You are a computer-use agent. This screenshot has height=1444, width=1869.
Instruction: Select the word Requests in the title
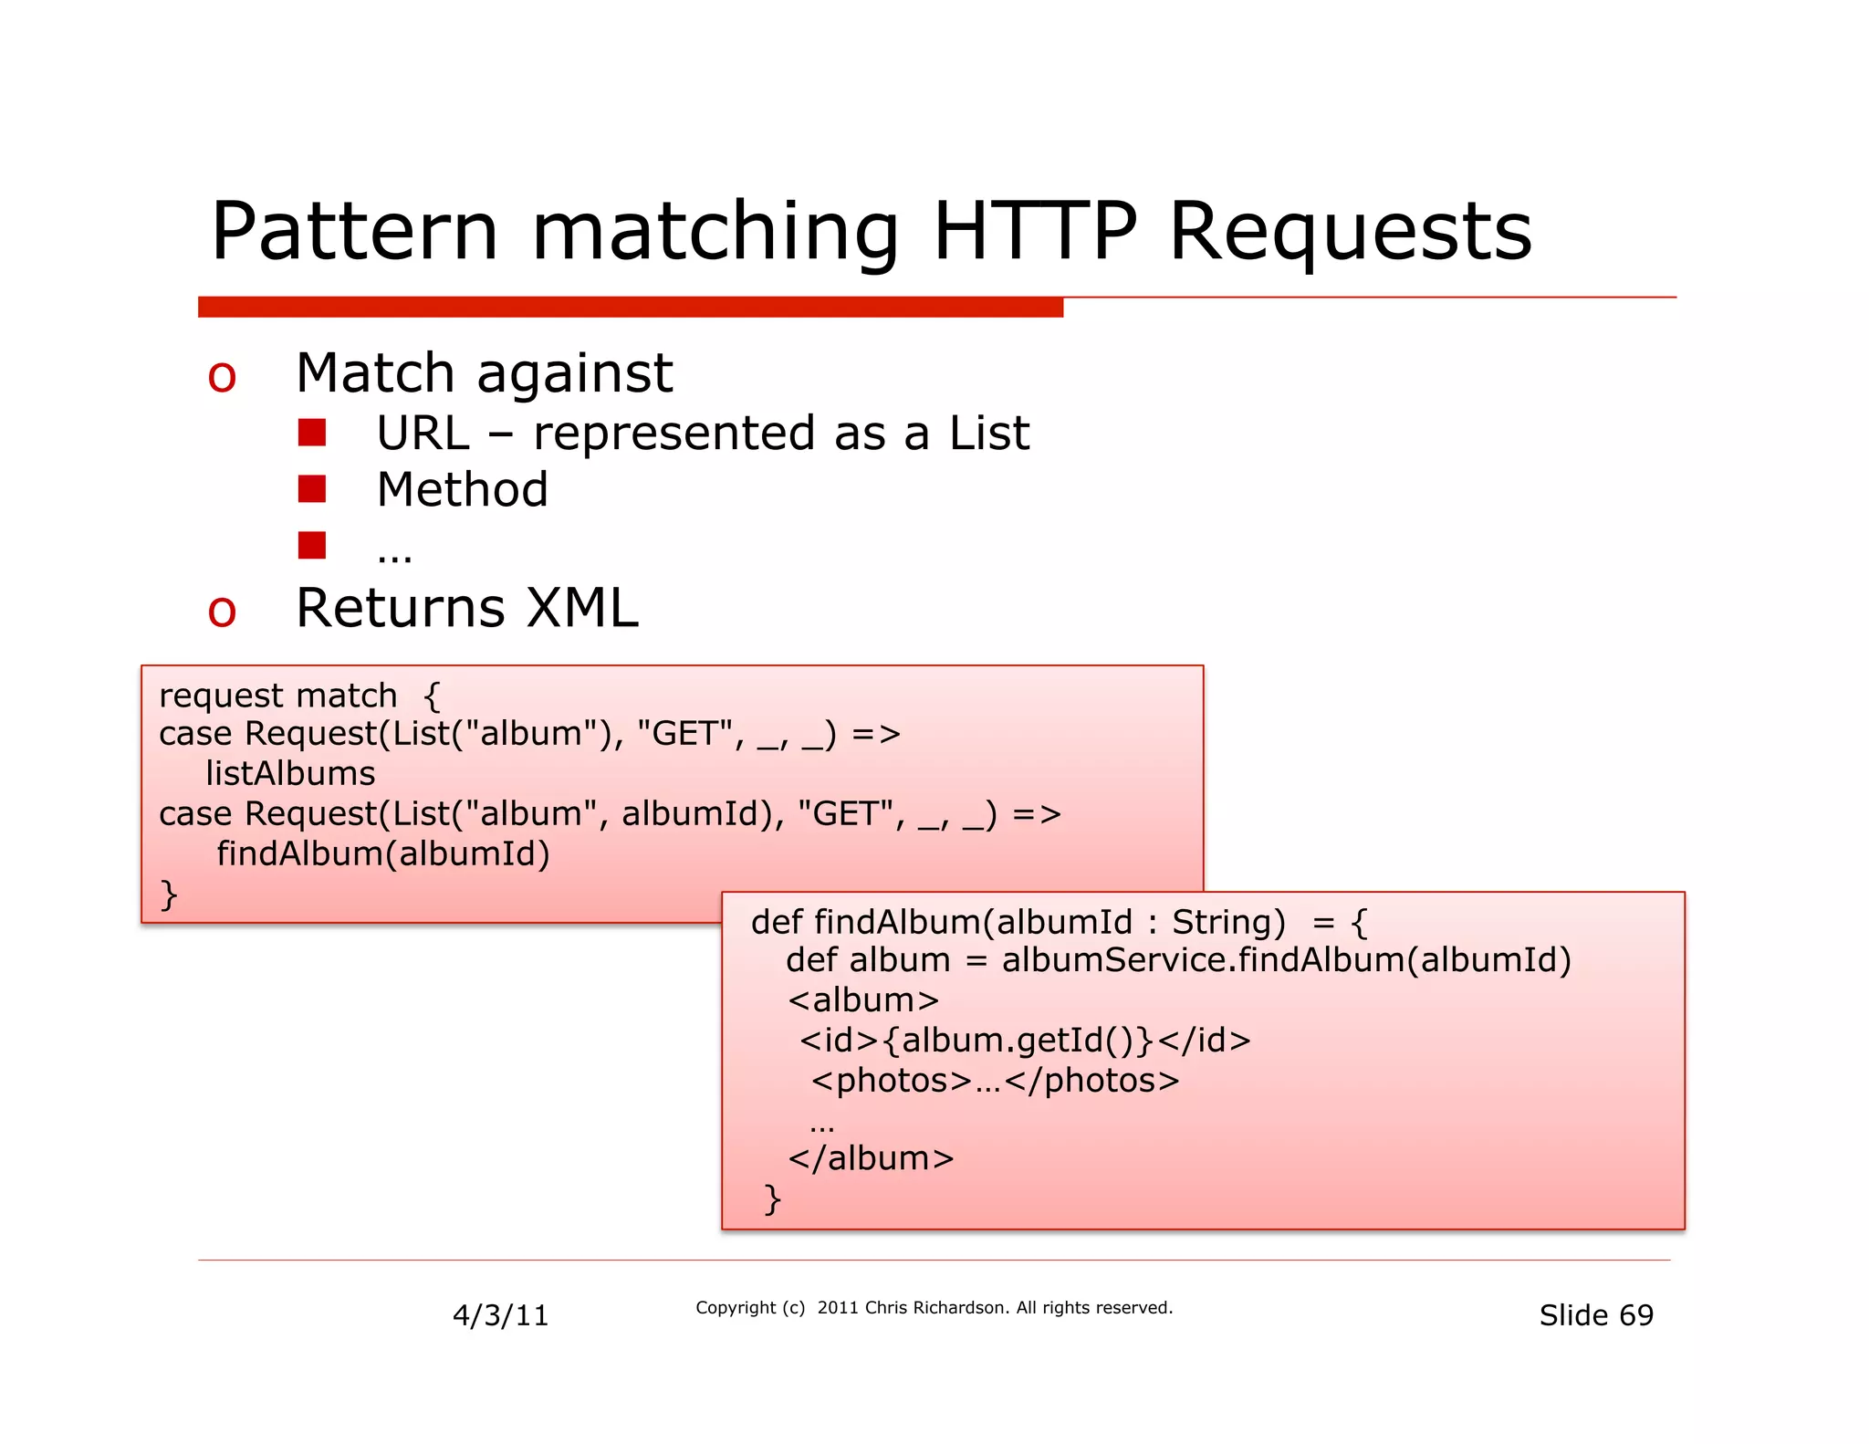tap(1350, 232)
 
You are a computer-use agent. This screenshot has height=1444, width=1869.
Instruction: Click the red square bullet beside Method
tap(312, 489)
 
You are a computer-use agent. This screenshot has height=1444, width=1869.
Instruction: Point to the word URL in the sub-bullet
tap(423, 434)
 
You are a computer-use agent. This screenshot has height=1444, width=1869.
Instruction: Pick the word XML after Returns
tap(583, 608)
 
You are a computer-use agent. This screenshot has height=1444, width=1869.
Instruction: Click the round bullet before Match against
tap(222, 377)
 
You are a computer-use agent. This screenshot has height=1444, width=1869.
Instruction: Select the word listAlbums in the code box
tap(290, 773)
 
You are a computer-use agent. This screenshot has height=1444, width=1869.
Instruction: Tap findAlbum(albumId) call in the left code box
tap(383, 853)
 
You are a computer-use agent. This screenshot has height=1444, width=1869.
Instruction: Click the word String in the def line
tap(1227, 922)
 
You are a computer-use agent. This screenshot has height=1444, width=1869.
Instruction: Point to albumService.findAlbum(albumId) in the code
tap(1286, 960)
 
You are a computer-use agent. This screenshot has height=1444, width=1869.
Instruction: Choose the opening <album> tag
tap(863, 1000)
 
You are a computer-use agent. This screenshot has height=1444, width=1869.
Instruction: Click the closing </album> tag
tap(871, 1158)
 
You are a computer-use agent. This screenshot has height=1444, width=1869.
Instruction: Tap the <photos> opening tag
tap(892, 1081)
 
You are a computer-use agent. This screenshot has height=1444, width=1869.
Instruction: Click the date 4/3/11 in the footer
tap(500, 1315)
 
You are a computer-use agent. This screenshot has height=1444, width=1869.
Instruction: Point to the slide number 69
tap(1636, 1315)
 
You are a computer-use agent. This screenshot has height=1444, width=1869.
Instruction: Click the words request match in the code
tap(278, 696)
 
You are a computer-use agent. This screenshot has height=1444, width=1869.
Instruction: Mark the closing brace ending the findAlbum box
tap(772, 1198)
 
